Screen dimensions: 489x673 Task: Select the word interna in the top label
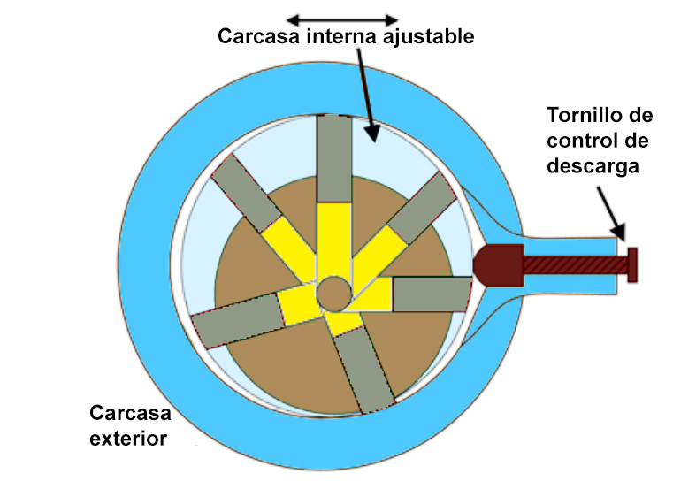(x=343, y=38)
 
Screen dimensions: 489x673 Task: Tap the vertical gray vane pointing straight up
(x=333, y=158)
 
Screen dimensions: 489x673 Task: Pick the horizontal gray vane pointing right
(x=430, y=294)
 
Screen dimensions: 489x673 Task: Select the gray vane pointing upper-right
(x=419, y=209)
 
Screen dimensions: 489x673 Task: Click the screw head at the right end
(x=631, y=264)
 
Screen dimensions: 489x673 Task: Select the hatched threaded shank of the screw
(x=574, y=264)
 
